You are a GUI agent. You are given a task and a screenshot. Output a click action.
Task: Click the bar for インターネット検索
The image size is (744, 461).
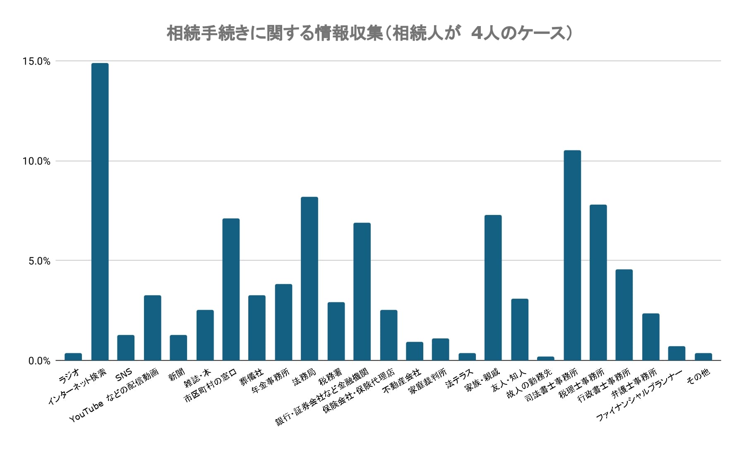[x=100, y=211]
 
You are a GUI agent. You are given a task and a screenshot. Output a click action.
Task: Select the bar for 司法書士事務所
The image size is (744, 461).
[x=572, y=255]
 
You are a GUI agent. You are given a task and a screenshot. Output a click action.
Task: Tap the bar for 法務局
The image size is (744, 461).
[x=310, y=278]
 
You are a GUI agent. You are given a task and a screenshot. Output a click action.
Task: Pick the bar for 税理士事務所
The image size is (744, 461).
[x=598, y=282]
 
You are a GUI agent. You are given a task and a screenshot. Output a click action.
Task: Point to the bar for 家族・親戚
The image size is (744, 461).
[x=493, y=287]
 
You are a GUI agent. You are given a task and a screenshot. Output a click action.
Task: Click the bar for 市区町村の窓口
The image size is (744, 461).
[x=231, y=289]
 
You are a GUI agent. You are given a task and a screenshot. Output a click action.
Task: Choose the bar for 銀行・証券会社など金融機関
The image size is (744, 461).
[x=362, y=291]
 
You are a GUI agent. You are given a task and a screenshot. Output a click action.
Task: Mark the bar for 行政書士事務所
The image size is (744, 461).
[x=624, y=315]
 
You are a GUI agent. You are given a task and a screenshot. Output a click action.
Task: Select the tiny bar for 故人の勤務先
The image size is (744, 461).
[x=545, y=358]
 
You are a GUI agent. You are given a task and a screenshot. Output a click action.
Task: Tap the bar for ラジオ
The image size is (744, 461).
[x=73, y=357]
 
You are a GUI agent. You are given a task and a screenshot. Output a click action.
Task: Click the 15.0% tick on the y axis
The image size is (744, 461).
[x=36, y=61]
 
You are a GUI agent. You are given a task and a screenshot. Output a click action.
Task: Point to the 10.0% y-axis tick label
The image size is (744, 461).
[x=36, y=161]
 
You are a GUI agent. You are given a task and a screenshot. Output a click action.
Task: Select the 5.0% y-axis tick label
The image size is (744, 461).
[x=39, y=261]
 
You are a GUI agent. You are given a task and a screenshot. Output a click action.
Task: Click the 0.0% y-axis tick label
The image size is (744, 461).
[x=39, y=361]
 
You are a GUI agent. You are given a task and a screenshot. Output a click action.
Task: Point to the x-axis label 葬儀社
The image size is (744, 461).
[x=252, y=378]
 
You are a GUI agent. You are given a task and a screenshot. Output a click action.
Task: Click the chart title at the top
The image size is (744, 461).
[x=370, y=33]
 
